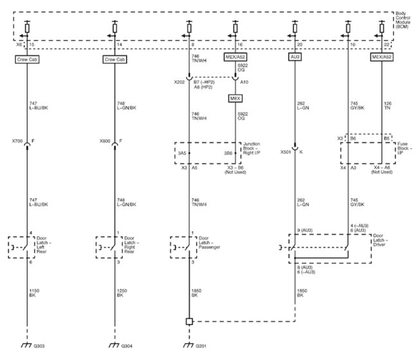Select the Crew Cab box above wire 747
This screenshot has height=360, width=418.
pyautogui.click(x=27, y=60)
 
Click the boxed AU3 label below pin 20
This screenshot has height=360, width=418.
pyautogui.click(x=295, y=58)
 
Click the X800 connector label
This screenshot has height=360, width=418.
pyautogui.click(x=107, y=139)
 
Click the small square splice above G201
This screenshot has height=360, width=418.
pyautogui.click(x=188, y=321)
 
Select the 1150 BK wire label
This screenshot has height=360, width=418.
pyautogui.click(x=35, y=293)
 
